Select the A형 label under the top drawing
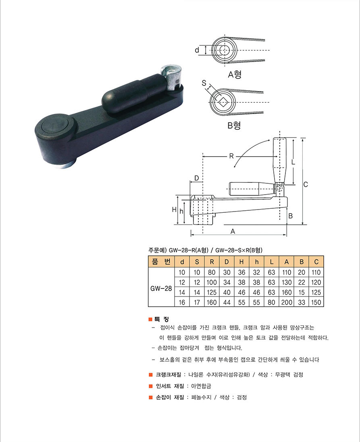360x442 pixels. pyautogui.click(x=235, y=75)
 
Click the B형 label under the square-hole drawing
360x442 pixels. pyautogui.click(x=234, y=125)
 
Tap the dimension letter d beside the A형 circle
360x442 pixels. pyautogui.click(x=197, y=50)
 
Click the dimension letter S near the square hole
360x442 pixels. pyautogui.click(x=204, y=83)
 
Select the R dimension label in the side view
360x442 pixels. pyautogui.click(x=231, y=156)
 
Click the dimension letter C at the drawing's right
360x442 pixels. pyautogui.click(x=306, y=185)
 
